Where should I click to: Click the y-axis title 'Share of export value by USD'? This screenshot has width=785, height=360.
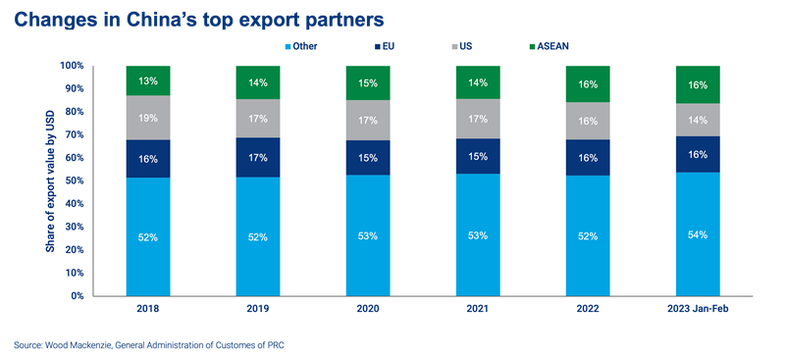tap(49, 181)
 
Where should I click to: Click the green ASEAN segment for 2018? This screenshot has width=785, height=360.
tap(149, 80)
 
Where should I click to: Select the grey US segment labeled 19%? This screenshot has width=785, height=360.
tap(149, 118)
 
